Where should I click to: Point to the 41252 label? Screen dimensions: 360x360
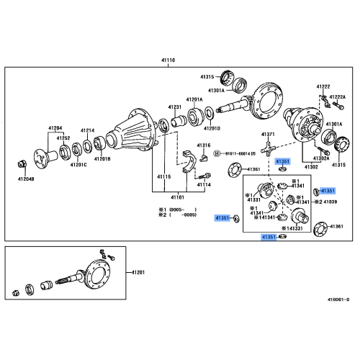point(64,137)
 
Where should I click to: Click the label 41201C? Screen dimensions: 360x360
point(78,165)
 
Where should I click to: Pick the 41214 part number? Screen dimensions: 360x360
point(88,130)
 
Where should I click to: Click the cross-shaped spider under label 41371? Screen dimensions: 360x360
point(267,152)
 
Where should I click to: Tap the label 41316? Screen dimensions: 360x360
point(204,145)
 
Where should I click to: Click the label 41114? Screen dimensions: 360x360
point(204,184)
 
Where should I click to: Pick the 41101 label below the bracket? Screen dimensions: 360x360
point(176,196)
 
